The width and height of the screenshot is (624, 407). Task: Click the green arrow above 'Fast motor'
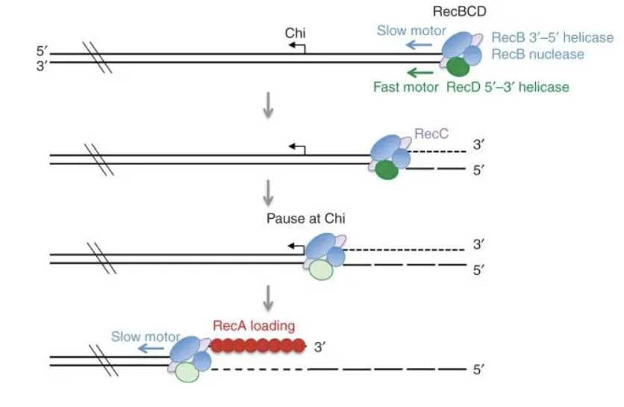click(419, 72)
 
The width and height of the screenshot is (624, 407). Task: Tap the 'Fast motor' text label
click(407, 87)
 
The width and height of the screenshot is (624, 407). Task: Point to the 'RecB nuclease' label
click(537, 54)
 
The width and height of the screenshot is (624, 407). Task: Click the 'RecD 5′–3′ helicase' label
click(508, 87)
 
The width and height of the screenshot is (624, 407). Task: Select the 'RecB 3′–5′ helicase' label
click(552, 37)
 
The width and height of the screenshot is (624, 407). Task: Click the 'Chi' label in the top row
click(296, 33)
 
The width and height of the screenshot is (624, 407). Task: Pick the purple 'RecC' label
click(430, 135)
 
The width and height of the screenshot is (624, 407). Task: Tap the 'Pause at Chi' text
click(305, 219)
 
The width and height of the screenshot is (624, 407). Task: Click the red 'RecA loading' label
click(254, 326)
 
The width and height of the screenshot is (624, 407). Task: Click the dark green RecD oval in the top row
click(458, 68)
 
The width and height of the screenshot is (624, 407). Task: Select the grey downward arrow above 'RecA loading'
click(269, 297)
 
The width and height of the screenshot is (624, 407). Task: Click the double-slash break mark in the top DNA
click(97, 58)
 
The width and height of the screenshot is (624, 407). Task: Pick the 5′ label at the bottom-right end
click(478, 370)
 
